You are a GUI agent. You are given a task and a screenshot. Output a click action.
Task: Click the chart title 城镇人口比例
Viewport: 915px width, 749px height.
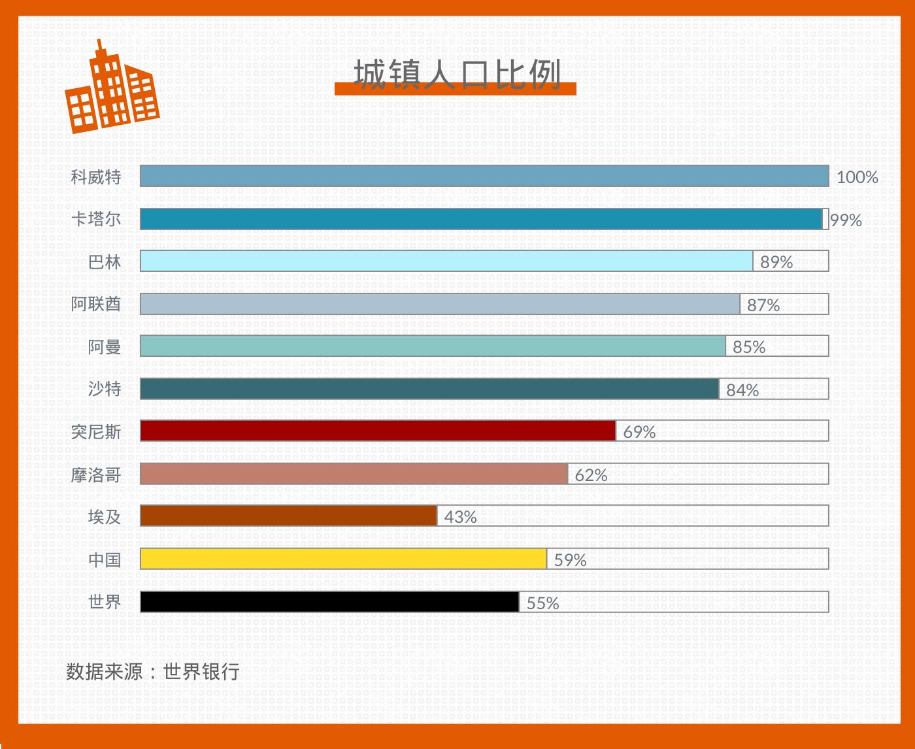[x=456, y=75]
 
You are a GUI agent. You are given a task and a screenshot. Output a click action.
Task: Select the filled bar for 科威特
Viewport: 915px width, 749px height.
[x=484, y=176]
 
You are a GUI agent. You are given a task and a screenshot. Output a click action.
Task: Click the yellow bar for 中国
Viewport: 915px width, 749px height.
[x=343, y=559]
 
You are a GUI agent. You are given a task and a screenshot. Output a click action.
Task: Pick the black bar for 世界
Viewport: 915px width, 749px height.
[x=329, y=602]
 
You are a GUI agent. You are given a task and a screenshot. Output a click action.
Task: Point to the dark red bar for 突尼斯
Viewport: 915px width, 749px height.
[x=378, y=431]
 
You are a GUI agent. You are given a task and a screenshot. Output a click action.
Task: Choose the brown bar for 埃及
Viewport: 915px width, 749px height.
[x=288, y=516]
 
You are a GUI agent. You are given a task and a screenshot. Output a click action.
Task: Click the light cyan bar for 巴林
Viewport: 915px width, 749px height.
[x=446, y=261]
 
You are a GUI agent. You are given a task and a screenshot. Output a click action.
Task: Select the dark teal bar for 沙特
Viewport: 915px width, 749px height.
[x=429, y=389]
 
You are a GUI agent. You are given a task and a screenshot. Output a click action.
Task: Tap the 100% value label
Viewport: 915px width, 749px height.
[x=857, y=177]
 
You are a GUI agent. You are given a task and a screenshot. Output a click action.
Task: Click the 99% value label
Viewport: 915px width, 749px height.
[x=846, y=220]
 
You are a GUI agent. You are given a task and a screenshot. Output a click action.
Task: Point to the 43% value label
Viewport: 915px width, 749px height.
[x=460, y=517]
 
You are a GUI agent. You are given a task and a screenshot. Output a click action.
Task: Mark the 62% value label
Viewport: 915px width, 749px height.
[x=591, y=475]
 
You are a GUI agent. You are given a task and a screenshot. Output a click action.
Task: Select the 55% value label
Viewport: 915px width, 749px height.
[x=542, y=603]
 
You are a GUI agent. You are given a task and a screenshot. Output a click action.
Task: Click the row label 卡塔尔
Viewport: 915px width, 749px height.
[x=96, y=219]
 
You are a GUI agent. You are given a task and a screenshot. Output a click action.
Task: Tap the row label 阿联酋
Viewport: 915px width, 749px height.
[x=96, y=304]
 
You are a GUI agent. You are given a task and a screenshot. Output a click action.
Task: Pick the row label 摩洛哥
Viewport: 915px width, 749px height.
[x=96, y=474]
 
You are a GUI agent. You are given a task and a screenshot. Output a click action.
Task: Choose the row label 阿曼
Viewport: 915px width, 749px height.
[x=105, y=346]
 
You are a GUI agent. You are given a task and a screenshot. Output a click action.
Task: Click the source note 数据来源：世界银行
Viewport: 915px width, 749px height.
[x=152, y=671]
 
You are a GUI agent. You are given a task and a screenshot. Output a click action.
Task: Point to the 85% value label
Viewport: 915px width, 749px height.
[x=748, y=347]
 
